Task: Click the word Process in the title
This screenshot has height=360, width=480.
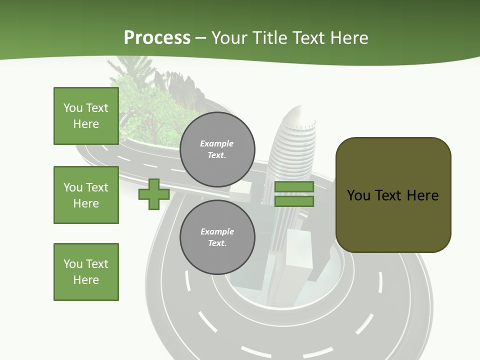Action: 157,37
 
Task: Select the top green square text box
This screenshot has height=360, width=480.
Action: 86,116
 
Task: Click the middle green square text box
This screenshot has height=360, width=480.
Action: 86,195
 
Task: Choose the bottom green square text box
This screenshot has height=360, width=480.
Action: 86,271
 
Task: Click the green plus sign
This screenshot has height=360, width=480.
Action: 154,194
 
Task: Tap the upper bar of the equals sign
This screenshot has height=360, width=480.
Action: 294,187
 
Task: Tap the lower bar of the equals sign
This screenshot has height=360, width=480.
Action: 294,201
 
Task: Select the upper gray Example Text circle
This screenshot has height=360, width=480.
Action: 217,149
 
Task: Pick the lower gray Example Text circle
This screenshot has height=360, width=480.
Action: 217,237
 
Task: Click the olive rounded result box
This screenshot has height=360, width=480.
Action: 393,195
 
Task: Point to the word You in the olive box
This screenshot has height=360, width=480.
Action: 358,195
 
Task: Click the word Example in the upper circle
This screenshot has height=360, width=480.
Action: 216,143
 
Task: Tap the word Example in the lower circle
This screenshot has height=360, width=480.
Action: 217,231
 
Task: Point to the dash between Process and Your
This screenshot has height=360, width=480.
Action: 200,38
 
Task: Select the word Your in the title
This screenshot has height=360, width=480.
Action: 228,38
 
